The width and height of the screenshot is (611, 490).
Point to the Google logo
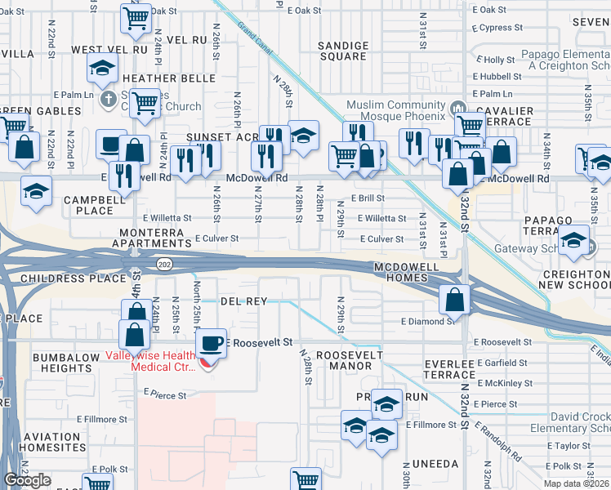pos(27,480)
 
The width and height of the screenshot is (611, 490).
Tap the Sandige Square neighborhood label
pos(342,51)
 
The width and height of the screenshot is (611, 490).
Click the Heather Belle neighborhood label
pos(168,78)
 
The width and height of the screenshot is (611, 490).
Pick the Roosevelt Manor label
pos(344,361)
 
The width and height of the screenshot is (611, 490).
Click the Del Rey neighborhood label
pos(245,301)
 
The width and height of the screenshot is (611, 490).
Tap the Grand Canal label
pos(255,34)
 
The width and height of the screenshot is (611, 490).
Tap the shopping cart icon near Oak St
pos(136,17)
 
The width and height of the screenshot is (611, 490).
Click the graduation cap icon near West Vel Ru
pos(103,69)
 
